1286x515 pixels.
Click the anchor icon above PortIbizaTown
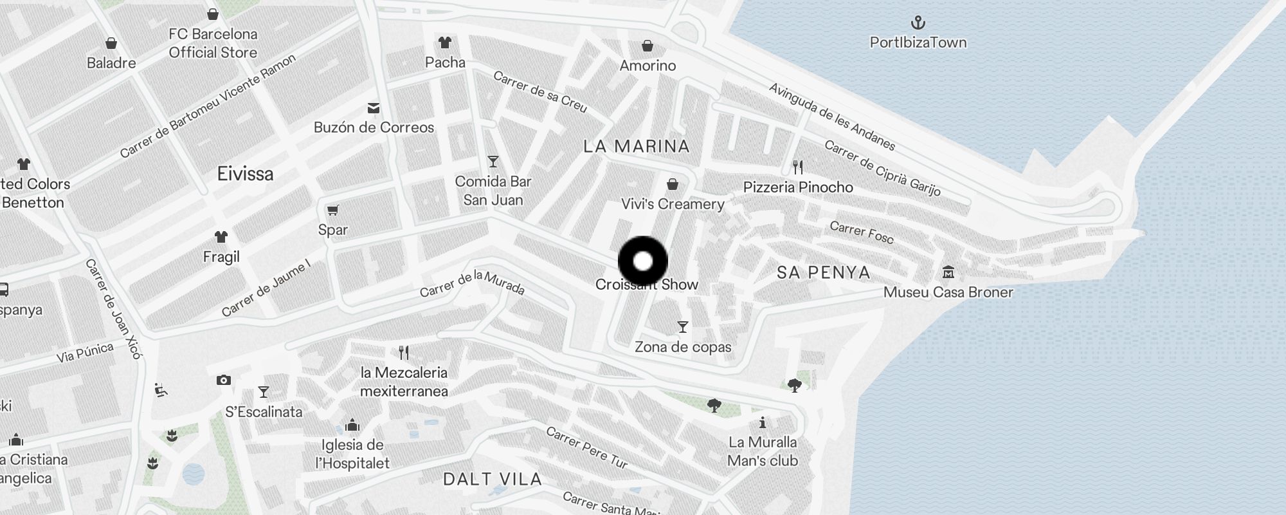[x=918, y=23]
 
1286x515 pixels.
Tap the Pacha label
[x=445, y=62]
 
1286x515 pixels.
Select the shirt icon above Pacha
[x=444, y=43]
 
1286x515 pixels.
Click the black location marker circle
[x=643, y=261]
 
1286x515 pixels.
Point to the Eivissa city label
[x=245, y=174]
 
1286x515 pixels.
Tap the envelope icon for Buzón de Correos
[x=374, y=108]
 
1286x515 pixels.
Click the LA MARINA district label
[x=637, y=147]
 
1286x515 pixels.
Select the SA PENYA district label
[x=823, y=273]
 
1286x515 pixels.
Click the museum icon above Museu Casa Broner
[x=948, y=272]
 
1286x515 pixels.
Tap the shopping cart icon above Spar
[x=333, y=211]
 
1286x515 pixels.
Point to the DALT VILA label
[x=493, y=479]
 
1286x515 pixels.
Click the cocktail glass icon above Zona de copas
[x=683, y=327]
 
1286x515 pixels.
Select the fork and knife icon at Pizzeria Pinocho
[x=798, y=167]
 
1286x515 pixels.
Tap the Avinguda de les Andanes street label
[x=832, y=117]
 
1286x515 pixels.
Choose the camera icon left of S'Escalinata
[x=224, y=380]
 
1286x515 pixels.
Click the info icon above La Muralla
[x=763, y=423]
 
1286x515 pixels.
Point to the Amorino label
[x=648, y=66]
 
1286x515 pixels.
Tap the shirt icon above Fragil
[x=221, y=237]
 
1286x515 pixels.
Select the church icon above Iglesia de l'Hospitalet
[x=352, y=426]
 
